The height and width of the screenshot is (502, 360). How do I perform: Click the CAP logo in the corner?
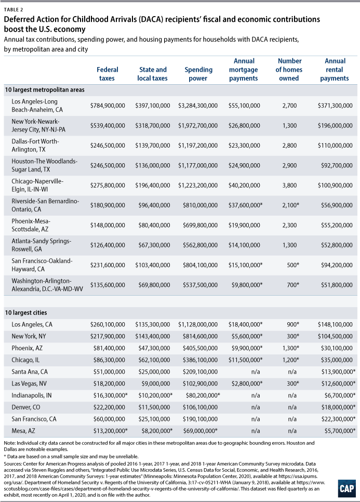point(346,488)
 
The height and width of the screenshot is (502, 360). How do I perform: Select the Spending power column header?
point(198,74)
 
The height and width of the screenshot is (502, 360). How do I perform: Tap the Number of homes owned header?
point(289,70)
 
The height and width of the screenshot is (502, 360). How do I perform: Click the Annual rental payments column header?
point(335,70)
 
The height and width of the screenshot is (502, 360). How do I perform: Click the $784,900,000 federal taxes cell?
point(108,105)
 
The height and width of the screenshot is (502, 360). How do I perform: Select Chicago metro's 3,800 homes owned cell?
point(289,186)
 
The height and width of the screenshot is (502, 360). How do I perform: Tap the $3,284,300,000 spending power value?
point(198,105)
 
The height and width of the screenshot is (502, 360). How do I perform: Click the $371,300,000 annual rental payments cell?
point(335,105)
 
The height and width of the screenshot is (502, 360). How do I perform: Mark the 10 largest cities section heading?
point(25,313)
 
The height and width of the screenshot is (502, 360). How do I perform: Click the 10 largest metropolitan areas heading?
point(45,90)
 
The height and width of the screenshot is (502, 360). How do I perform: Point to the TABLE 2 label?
point(14,9)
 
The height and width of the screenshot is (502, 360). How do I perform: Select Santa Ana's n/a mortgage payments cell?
point(256,372)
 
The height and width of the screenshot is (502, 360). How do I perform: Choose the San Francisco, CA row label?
point(34,419)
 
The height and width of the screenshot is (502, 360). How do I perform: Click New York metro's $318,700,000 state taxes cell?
point(153,126)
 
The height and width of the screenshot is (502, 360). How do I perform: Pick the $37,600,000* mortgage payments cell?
point(245,205)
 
